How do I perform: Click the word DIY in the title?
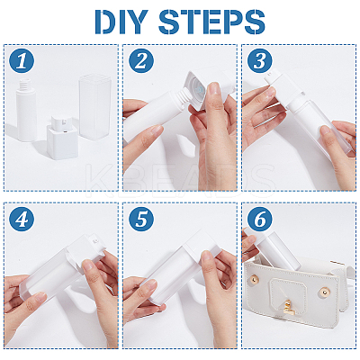point(123,22)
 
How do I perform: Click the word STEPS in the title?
point(211,22)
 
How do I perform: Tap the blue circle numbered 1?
point(22,61)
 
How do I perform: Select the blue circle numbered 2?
point(141,61)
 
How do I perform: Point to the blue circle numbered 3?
point(260,61)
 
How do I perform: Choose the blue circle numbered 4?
point(22,219)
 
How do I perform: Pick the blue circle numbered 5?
point(141,219)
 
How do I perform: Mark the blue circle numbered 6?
point(260,219)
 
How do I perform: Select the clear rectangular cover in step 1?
point(94,107)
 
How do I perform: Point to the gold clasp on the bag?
point(288,308)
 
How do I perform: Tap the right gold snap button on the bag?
point(324,292)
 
